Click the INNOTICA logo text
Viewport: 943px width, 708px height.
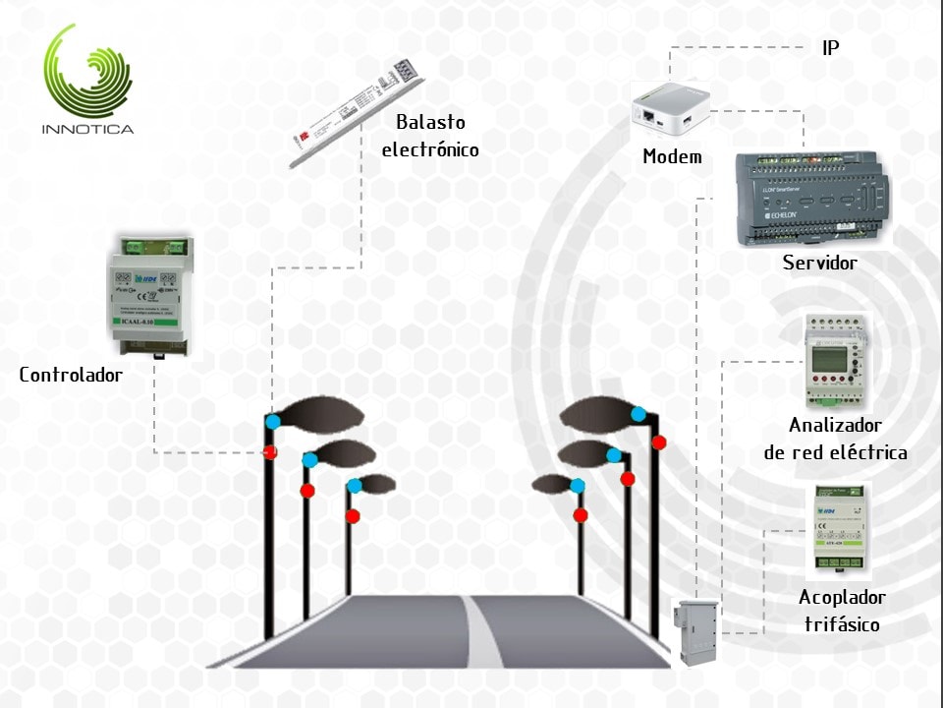[x=87, y=129]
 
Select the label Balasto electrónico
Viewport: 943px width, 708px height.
[x=430, y=137]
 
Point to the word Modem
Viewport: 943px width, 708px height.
[x=672, y=156]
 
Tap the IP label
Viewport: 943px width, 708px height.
[x=830, y=47]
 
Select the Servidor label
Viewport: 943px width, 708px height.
[x=819, y=263]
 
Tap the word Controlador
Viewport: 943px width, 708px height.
[x=71, y=375]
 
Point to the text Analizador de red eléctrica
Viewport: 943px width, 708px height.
[x=835, y=440]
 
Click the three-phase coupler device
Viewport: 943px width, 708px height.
[x=841, y=531]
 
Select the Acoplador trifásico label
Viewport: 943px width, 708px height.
[x=842, y=611]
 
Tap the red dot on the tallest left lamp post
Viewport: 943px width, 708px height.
[x=269, y=452]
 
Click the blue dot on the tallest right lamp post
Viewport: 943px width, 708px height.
[x=639, y=414]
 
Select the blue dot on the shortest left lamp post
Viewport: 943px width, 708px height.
[x=354, y=485]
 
